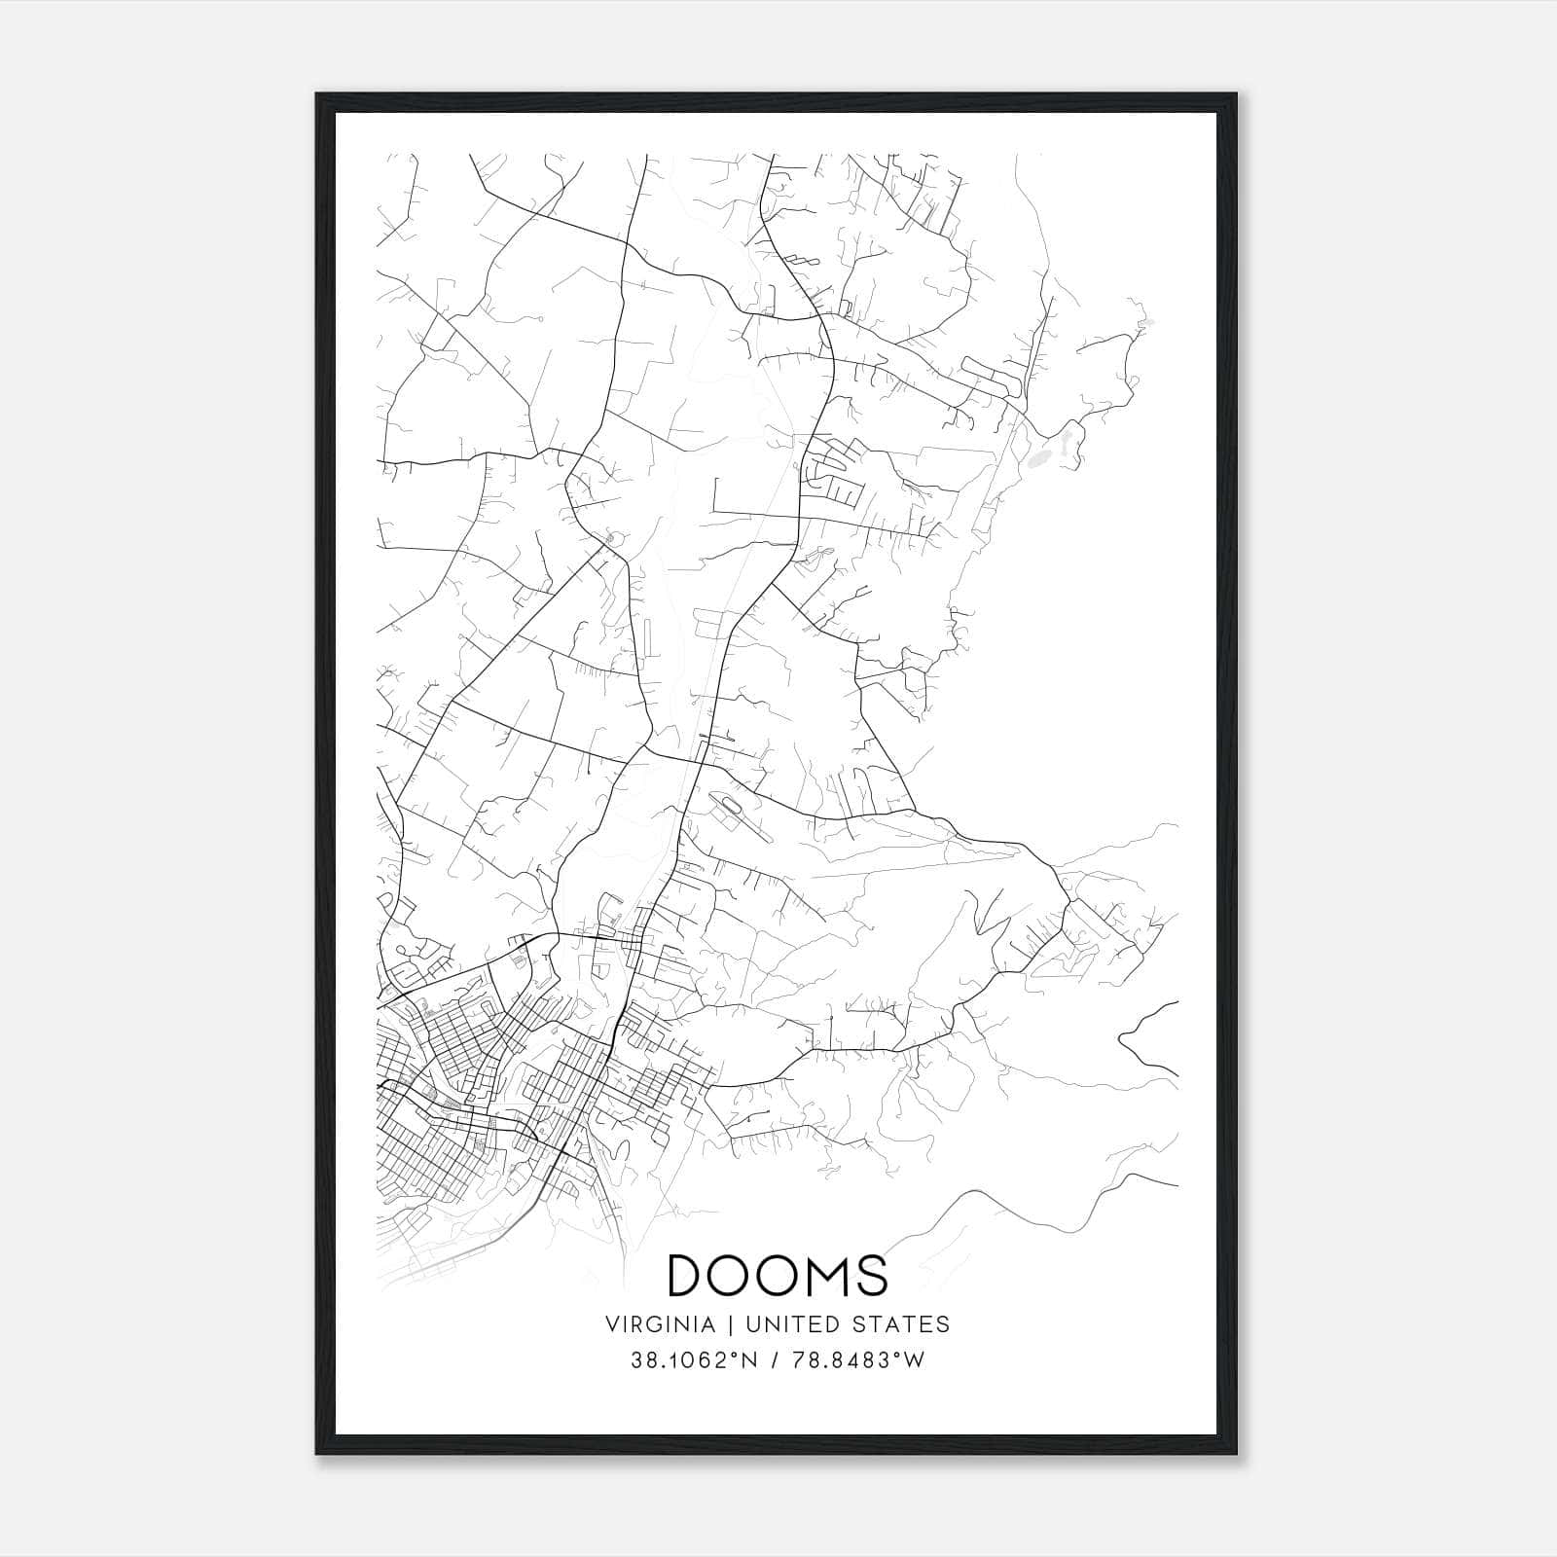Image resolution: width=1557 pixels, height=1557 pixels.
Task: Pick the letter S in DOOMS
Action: tap(874, 1275)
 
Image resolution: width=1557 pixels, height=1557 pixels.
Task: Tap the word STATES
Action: tap(905, 1323)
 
